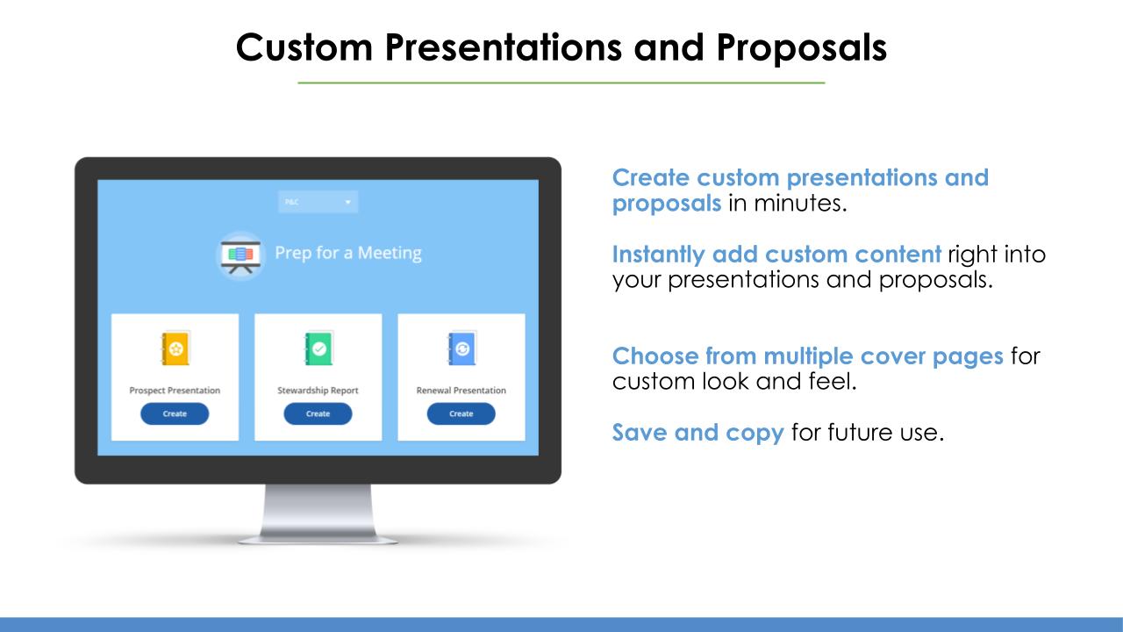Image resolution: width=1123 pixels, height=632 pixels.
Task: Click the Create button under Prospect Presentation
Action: [175, 413]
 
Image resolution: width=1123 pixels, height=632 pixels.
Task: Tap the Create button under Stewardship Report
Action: [318, 413]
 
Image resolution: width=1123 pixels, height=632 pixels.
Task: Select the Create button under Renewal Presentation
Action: [461, 413]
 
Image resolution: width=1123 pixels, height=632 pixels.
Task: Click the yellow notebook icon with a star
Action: [175, 348]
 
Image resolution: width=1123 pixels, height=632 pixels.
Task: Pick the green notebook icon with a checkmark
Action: [318, 348]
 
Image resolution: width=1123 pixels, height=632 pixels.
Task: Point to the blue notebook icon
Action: [461, 348]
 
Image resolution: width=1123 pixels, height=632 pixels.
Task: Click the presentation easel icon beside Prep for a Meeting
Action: [240, 255]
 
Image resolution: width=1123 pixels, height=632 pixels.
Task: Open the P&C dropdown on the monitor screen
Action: [318, 202]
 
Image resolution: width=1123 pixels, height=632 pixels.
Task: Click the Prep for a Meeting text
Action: [348, 254]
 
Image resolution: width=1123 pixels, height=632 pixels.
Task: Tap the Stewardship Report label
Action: [318, 391]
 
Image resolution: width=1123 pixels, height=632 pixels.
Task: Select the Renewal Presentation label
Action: [461, 391]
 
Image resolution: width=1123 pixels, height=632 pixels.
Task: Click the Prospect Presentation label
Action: [175, 391]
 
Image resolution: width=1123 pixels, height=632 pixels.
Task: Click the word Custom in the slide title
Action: [304, 47]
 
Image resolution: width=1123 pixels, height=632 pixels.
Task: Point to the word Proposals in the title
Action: [802, 48]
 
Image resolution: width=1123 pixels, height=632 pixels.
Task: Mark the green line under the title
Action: [561, 83]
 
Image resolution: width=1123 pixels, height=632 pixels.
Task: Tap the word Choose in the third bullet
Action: [655, 356]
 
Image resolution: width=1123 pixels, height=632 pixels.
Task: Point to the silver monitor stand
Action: [318, 514]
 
